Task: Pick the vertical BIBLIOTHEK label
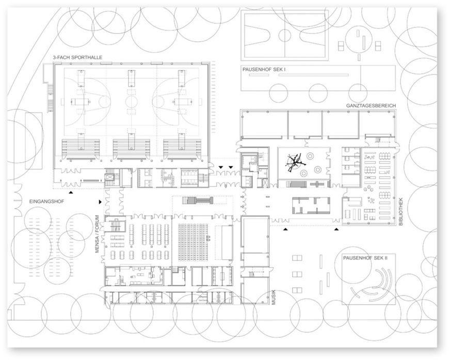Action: coord(402,212)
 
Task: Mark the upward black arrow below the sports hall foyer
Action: coord(71,191)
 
